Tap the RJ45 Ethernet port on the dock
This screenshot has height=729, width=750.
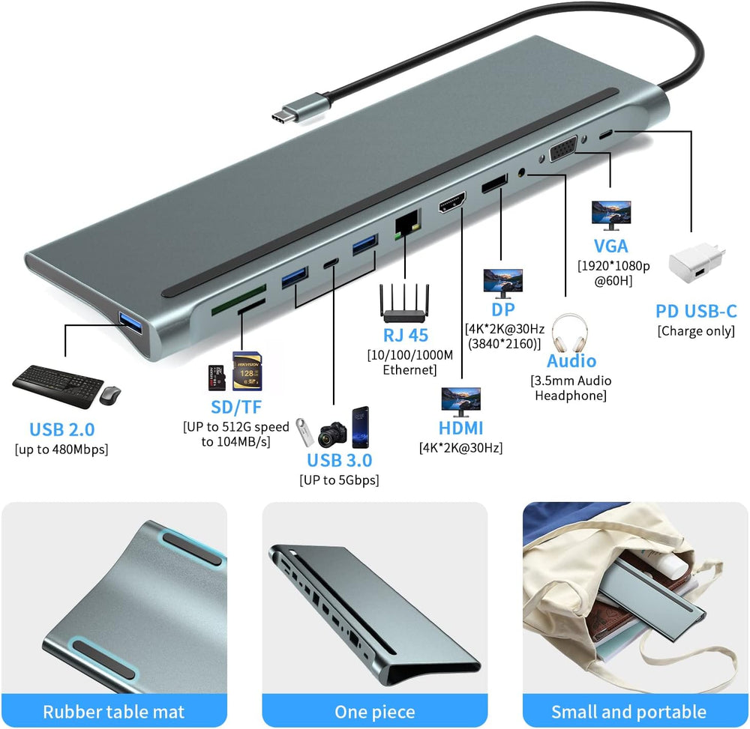(407, 222)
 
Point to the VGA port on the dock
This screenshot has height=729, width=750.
(563, 148)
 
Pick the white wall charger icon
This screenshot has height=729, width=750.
(697, 263)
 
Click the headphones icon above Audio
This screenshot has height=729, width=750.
(569, 333)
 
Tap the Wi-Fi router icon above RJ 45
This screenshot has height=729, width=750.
(404, 303)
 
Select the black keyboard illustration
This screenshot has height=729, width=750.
(58, 386)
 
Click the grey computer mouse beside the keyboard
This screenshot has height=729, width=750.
(110, 395)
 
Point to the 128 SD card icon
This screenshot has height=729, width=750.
(247, 371)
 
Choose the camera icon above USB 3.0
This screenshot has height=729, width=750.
(332, 434)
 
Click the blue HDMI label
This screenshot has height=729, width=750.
(460, 428)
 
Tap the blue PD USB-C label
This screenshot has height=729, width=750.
(696, 311)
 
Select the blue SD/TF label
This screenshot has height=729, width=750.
(236, 407)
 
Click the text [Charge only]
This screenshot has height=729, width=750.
(696, 331)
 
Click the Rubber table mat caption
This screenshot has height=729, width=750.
(113, 712)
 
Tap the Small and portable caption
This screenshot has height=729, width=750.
(628, 712)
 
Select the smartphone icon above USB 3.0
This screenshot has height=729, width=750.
(360, 428)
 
